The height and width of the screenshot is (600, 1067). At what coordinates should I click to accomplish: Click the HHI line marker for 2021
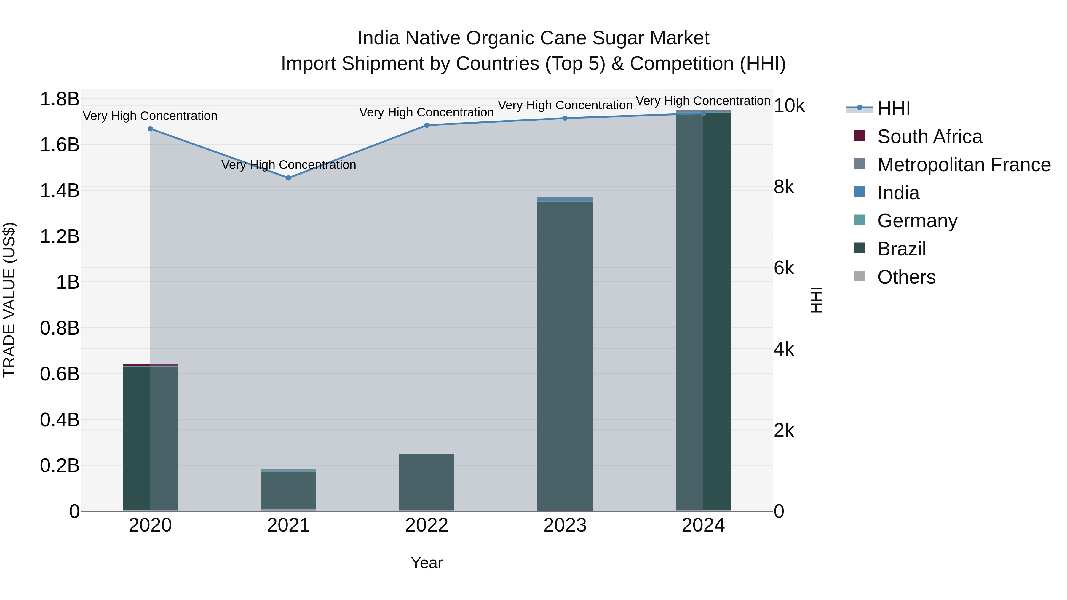289,178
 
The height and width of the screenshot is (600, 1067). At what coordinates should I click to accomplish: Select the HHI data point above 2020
150,129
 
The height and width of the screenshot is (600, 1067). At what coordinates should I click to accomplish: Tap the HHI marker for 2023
565,118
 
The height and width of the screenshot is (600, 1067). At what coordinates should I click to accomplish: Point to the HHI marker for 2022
427,125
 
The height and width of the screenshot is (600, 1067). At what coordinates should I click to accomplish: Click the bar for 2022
427,482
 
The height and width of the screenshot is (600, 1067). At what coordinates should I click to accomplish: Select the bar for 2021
289,491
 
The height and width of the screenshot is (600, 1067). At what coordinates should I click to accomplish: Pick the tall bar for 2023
565,356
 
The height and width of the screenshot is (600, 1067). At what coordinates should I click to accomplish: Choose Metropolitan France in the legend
964,165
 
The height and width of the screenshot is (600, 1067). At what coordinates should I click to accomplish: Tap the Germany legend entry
917,221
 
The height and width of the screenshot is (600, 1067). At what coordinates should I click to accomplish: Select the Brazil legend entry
901,249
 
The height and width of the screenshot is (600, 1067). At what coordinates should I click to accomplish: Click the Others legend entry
906,277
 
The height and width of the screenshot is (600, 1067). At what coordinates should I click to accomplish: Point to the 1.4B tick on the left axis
60,191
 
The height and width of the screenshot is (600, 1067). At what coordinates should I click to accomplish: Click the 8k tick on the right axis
784,187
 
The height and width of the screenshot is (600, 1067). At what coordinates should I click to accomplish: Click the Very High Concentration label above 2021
289,165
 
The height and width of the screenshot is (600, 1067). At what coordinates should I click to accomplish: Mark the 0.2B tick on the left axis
60,466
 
